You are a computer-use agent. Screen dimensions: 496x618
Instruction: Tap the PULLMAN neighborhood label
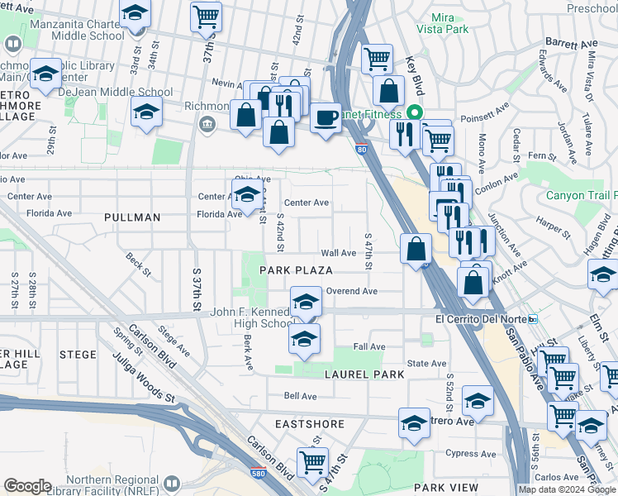click(132, 217)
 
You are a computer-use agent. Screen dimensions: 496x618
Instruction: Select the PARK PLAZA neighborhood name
click(296, 270)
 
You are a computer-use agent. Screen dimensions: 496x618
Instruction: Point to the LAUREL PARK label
click(364, 374)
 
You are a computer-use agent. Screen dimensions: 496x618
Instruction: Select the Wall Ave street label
click(338, 253)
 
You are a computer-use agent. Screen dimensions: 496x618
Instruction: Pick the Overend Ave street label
click(351, 291)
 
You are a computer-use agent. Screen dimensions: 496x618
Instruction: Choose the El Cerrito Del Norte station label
click(482, 319)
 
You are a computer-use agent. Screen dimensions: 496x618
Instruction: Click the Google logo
click(27, 486)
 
